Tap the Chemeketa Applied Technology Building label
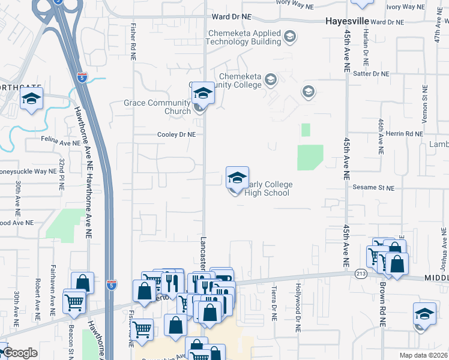click(x=244, y=37)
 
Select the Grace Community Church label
click(x=157, y=107)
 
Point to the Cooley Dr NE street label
click(x=176, y=135)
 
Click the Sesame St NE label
click(x=373, y=188)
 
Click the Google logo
click(x=20, y=353)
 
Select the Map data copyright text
click(x=422, y=355)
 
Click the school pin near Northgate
click(x=31, y=100)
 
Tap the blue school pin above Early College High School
click(x=237, y=178)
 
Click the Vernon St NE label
click(x=424, y=109)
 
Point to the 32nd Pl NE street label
click(x=62, y=175)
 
